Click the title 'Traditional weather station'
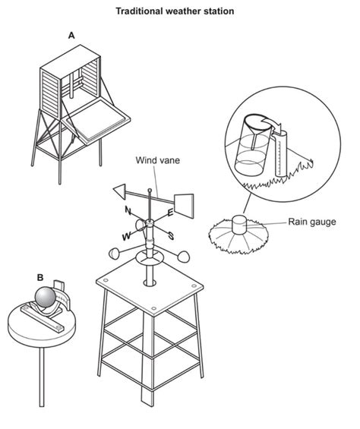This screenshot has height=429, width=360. click(x=175, y=11)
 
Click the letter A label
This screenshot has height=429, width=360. click(x=71, y=36)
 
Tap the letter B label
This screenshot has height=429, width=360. click(x=40, y=278)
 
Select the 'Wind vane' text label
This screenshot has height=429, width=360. click(x=158, y=160)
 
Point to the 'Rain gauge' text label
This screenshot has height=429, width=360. click(x=312, y=222)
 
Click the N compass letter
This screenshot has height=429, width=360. click(x=128, y=210)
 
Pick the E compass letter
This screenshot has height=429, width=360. click(x=170, y=213)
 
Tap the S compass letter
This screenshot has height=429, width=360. click(x=171, y=235)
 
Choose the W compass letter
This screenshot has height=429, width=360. click(x=127, y=236)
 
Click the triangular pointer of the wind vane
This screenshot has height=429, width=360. click(x=121, y=191)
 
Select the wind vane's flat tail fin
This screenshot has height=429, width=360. click(x=184, y=206)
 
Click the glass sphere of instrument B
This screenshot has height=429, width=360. click(x=46, y=297)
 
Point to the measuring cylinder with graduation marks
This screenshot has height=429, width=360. click(x=281, y=154)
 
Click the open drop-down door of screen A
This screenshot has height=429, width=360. click(x=95, y=121)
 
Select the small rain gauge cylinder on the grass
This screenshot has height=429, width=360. click(x=239, y=226)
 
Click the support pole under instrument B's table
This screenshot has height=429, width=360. click(x=42, y=377)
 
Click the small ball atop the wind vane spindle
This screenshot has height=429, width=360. click(x=150, y=190)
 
